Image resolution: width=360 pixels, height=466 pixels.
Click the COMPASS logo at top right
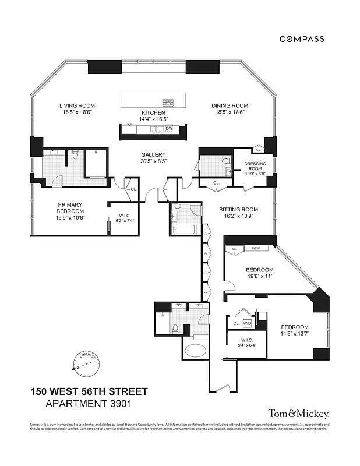(x=302, y=39)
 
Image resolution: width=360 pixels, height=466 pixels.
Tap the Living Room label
(x=76, y=105)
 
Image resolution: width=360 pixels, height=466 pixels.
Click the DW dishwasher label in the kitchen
(x=169, y=128)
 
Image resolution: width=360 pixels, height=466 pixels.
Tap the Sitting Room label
(x=238, y=209)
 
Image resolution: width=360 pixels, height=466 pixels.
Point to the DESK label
(x=256, y=249)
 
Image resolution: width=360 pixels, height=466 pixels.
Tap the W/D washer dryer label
(x=247, y=323)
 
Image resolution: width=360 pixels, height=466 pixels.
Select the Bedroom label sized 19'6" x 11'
(x=259, y=270)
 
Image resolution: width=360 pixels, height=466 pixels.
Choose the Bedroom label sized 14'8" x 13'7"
(x=295, y=327)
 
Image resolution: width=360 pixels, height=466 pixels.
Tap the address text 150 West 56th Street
(x=89, y=391)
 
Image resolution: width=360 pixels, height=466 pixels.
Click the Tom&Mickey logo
(x=298, y=414)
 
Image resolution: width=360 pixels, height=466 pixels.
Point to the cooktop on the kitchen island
(x=168, y=101)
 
